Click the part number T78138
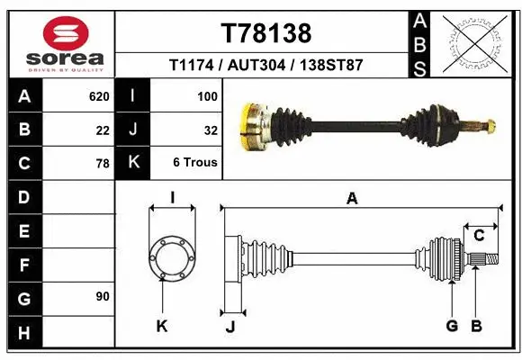(x=265, y=33)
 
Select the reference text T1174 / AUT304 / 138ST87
(x=265, y=66)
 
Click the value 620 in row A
(x=99, y=94)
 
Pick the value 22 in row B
(x=103, y=130)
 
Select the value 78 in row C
(x=103, y=164)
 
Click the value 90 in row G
(x=102, y=296)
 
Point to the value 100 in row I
(x=207, y=94)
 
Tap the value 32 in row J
(x=211, y=130)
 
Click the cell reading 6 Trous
(x=195, y=164)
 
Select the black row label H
(x=23, y=333)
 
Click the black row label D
(x=23, y=196)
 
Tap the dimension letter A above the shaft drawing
(x=352, y=199)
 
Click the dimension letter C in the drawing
(x=480, y=236)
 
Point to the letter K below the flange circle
(x=162, y=326)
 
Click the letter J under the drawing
(x=229, y=326)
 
